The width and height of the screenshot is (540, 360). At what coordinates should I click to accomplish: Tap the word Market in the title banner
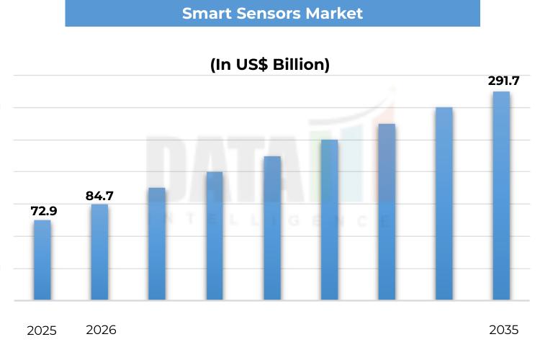pyautogui.click(x=333, y=13)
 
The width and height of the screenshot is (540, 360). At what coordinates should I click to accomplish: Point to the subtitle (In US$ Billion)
pyautogui.click(x=270, y=64)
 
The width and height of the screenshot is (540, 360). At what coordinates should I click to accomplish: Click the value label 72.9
pyautogui.click(x=43, y=211)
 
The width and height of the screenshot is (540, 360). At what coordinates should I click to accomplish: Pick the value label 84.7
pyautogui.click(x=99, y=195)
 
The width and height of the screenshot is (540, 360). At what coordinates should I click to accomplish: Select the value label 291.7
pyautogui.click(x=503, y=81)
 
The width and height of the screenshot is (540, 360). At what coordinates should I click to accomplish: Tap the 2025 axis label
pyautogui.click(x=42, y=331)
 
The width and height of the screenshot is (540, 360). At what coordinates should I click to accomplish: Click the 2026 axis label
pyautogui.click(x=101, y=330)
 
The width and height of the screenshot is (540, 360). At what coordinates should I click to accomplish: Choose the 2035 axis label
pyautogui.click(x=503, y=330)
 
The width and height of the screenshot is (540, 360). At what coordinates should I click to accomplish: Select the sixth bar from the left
pyautogui.click(x=329, y=220)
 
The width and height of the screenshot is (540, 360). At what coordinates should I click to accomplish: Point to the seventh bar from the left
pyautogui.click(x=387, y=212)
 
